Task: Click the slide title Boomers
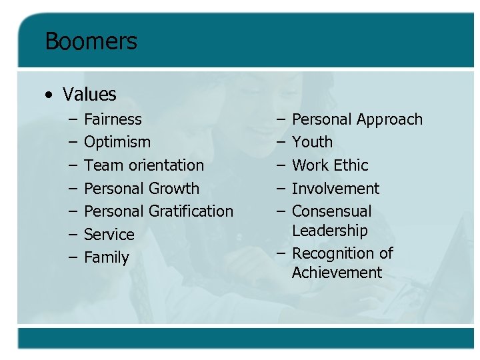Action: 91,41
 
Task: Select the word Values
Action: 89,95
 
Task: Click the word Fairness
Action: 113,119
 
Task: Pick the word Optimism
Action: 117,142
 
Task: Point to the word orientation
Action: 163,165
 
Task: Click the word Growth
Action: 173,189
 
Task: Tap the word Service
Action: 109,235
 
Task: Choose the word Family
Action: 107,257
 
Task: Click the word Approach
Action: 389,120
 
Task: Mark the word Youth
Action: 312,142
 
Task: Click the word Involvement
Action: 335,189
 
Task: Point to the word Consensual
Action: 331,211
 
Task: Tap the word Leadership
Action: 330,231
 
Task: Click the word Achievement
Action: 337,273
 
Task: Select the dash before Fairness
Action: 71,119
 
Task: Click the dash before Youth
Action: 281,142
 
